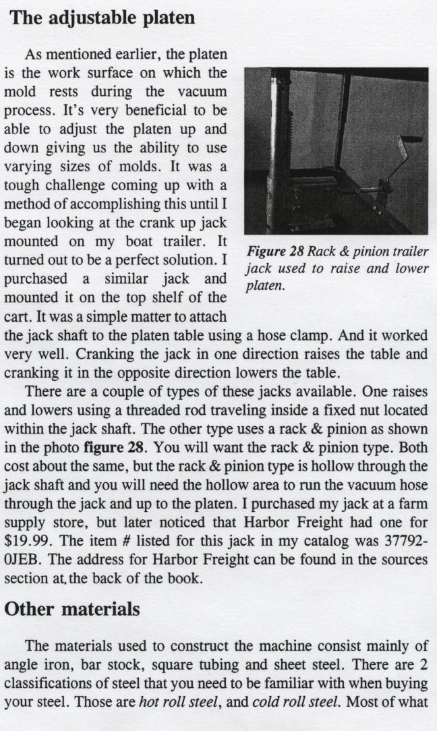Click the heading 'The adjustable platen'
tap(103, 18)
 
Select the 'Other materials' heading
tap(73, 608)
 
